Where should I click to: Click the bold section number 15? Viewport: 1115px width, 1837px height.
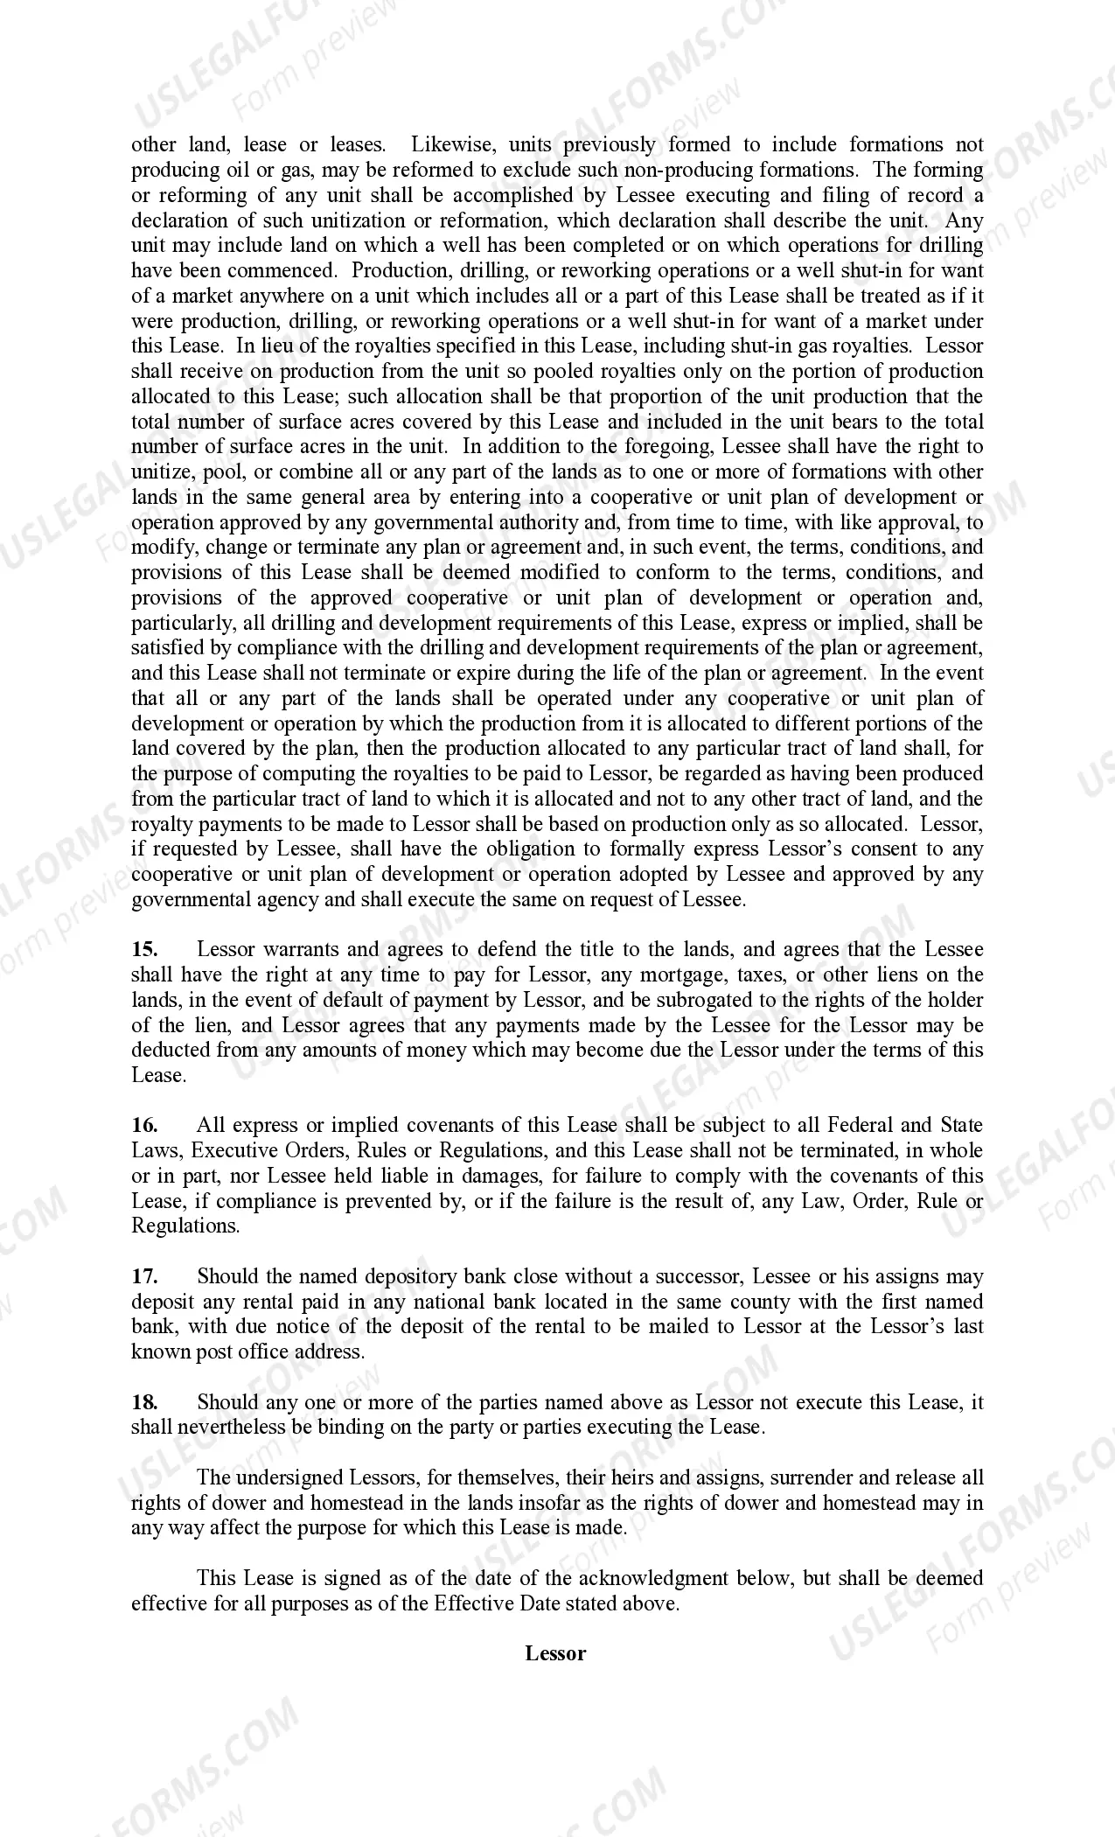click(144, 950)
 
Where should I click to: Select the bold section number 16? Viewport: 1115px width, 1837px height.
click(144, 1126)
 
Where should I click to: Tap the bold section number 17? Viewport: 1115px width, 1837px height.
click(144, 1277)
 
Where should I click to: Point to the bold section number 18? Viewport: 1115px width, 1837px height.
click(144, 1402)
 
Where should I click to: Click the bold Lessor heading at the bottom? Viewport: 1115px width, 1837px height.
click(555, 1653)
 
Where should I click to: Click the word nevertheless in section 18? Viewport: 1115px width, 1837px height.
click(231, 1428)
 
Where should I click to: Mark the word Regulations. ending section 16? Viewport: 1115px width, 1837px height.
click(185, 1226)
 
